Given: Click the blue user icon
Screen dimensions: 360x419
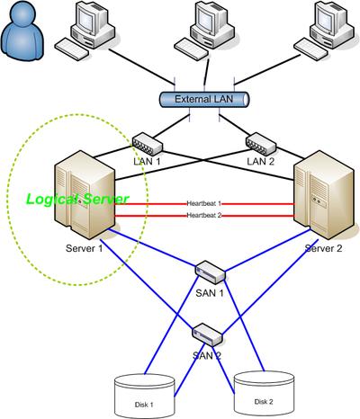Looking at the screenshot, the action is (22, 31).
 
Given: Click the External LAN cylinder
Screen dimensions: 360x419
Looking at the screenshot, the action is (204, 100).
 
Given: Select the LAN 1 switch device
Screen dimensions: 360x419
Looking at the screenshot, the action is (148, 145).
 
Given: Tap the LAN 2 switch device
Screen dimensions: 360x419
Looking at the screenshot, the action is (261, 144).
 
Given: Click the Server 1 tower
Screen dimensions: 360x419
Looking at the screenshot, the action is (85, 194).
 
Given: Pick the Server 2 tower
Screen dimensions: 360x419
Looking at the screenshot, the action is (325, 195).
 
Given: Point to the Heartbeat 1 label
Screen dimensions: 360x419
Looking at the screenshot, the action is (204, 203).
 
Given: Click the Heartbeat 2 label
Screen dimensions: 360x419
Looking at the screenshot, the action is (204, 215).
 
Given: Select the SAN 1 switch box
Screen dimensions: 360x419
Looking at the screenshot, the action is (210, 272).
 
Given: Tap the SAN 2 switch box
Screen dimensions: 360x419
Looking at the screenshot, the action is (207, 334).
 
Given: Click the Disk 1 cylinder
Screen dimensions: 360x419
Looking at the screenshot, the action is (145, 396).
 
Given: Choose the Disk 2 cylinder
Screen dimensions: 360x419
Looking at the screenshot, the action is (264, 393).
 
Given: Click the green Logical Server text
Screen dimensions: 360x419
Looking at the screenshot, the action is (77, 199).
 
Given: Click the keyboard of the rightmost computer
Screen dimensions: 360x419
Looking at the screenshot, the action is (310, 49).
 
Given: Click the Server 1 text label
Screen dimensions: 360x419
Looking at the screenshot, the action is (85, 248).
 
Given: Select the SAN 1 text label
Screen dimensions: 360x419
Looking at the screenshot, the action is (210, 293).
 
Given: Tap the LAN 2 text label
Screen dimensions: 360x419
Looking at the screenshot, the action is (261, 162).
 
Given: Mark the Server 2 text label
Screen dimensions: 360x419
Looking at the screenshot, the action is (323, 248).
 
